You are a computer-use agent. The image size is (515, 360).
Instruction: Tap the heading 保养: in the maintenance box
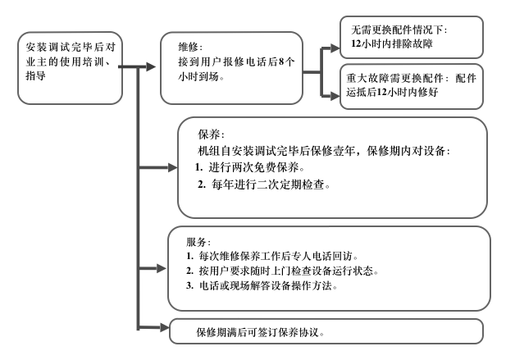(210, 134)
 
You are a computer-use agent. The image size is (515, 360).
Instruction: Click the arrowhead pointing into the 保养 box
(171, 168)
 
